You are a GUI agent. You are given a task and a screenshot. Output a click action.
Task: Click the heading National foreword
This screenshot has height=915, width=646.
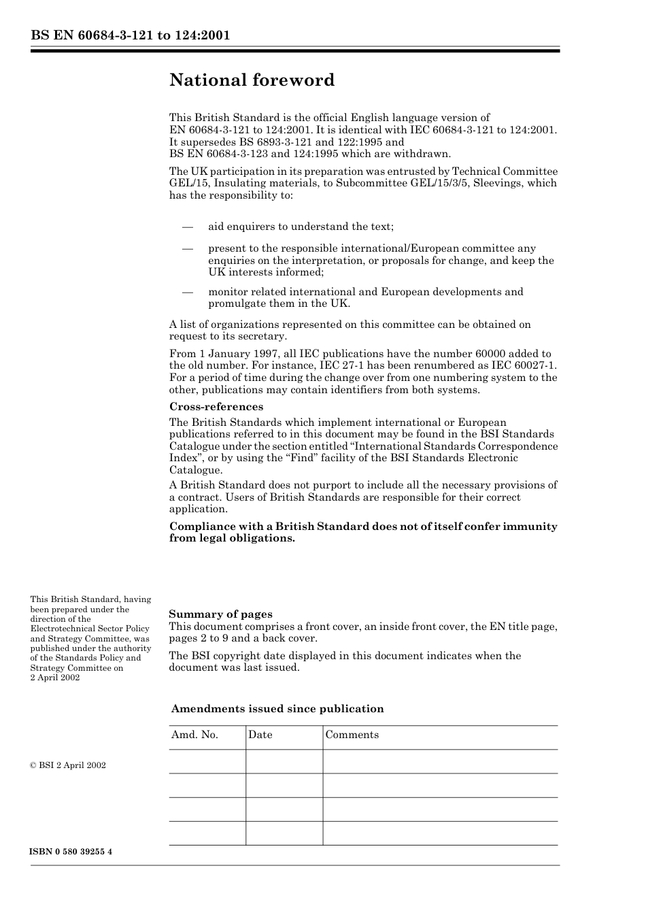[252, 80]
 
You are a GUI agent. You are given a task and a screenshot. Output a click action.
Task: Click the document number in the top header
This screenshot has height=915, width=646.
[130, 35]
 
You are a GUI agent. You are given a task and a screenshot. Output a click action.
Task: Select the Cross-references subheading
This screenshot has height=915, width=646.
[216, 407]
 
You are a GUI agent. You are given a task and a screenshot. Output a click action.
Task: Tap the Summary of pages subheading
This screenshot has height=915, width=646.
[220, 614]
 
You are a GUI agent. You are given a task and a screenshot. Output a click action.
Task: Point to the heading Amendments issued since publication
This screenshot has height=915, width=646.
[277, 709]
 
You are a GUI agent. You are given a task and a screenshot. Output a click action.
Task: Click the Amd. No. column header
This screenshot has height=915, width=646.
[194, 735]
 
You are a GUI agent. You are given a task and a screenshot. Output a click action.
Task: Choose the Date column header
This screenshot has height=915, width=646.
[260, 735]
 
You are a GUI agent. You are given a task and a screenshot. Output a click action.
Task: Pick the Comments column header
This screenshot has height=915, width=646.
[352, 735]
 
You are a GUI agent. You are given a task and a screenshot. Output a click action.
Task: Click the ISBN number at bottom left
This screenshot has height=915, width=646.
[71, 852]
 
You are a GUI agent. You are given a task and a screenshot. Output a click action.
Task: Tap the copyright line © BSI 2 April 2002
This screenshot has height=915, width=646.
[67, 765]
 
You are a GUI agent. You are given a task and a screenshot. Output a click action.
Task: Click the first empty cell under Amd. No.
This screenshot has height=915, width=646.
[207, 761]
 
